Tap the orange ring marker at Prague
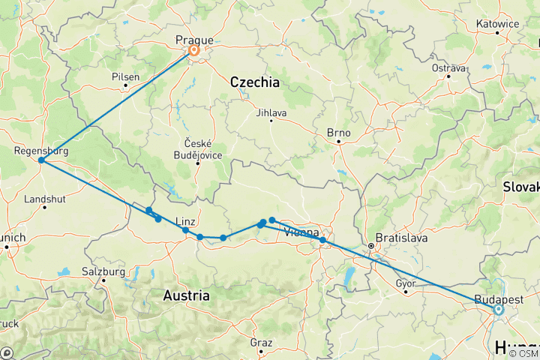[194, 52]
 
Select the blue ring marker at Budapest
[498, 308]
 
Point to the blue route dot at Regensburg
[41, 160]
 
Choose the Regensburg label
[41, 151]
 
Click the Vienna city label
[304, 233]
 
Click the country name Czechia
[254, 82]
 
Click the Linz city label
[185, 220]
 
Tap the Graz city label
[262, 342]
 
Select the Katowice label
[497, 23]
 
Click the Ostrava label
[449, 67]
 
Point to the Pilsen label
[125, 76]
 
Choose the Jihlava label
[271, 113]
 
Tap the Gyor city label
[406, 283]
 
